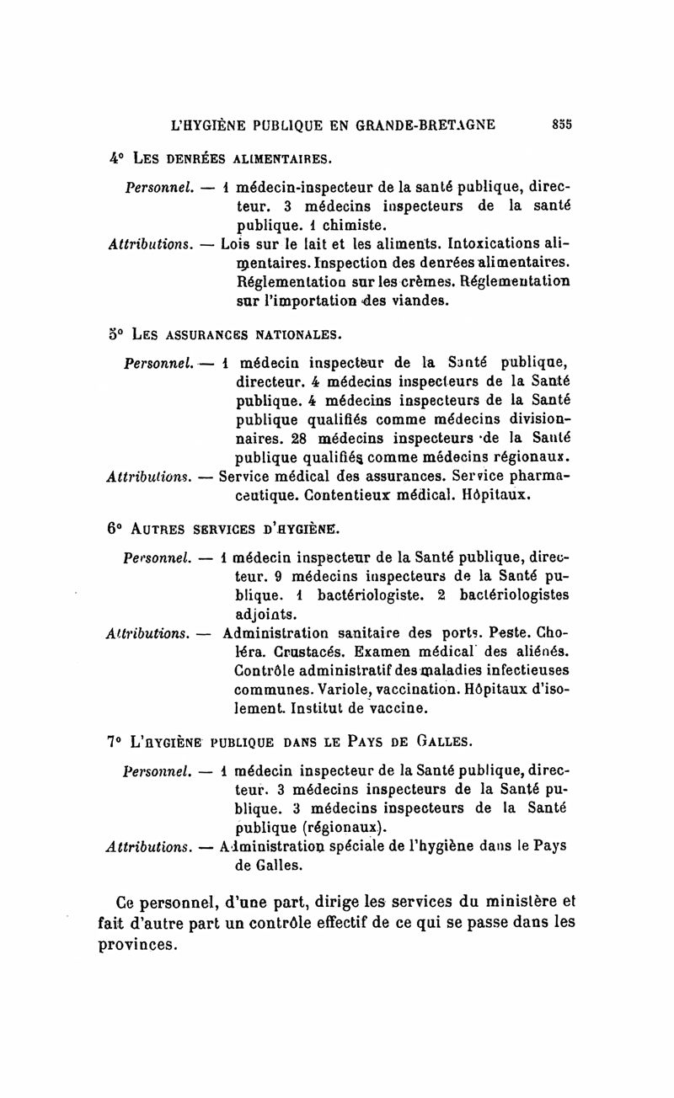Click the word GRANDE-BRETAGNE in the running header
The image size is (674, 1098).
[428, 125]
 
